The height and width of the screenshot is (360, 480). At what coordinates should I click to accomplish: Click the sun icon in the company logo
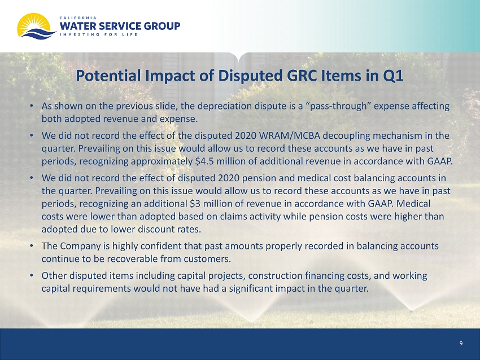pyautogui.click(x=34, y=24)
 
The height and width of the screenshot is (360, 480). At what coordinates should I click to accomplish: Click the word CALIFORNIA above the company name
pyautogui.click(x=78, y=18)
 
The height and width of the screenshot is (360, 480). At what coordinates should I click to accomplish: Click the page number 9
pyautogui.click(x=461, y=344)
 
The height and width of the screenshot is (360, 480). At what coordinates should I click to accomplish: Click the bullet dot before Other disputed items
pyautogui.click(x=32, y=275)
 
